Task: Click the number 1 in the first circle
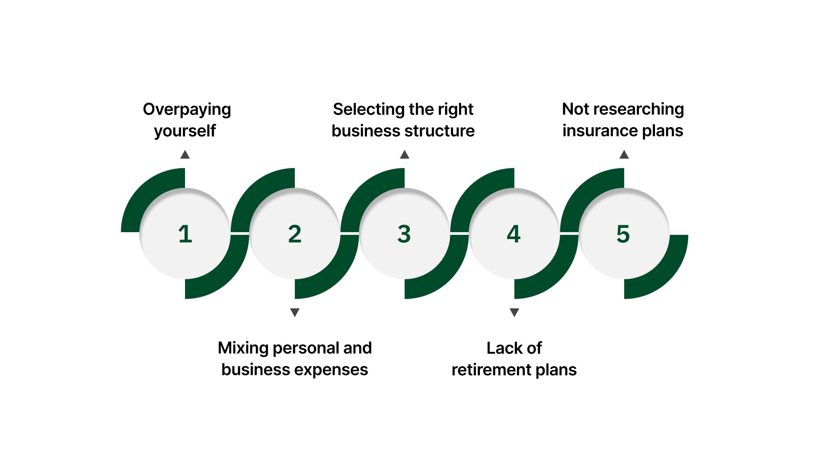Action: pos(185,234)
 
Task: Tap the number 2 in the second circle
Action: pos(295,234)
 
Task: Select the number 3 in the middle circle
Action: pos(404,234)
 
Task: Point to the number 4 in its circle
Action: pos(514,234)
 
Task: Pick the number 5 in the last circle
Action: pos(623,234)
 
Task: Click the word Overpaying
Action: pos(187,110)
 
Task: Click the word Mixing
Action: pos(243,349)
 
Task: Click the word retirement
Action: pos(491,370)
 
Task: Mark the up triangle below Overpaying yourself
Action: pos(185,155)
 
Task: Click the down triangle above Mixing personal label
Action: pos(295,312)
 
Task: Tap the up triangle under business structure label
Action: pos(405,155)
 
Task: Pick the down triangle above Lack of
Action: pos(514,312)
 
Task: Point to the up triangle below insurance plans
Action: pos(624,155)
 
